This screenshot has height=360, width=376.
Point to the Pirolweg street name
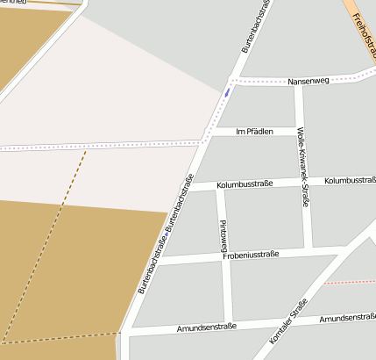coord(223,235)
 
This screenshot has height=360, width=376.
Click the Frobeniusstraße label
coord(251,255)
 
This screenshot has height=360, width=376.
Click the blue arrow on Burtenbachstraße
coord(227,90)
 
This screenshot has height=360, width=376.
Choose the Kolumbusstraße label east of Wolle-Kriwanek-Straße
coord(349,180)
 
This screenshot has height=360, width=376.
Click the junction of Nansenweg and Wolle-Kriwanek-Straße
coord(298,83)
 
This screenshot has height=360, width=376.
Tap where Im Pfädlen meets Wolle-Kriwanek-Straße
coord(301,132)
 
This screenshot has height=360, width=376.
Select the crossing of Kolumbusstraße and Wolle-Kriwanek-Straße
coord(304,182)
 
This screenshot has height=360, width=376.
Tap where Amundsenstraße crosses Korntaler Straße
coord(278,324)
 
